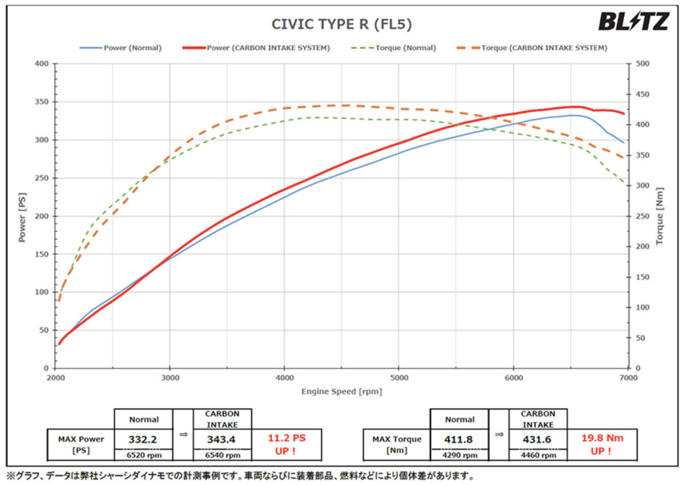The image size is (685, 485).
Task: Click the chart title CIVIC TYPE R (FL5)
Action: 341,25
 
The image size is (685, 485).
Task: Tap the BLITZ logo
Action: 633,22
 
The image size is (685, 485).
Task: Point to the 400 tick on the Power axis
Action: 41,64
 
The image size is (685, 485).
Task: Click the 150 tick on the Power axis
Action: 41,254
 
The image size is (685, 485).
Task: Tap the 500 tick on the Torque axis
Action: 644,64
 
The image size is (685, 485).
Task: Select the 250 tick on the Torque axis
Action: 644,216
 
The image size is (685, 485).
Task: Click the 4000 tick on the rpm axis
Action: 284,377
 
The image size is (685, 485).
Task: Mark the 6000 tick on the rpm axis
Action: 513,377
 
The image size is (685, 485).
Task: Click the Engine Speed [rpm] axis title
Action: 342,391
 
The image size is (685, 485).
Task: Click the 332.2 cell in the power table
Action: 143,439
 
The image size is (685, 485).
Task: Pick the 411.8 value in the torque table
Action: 459,439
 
